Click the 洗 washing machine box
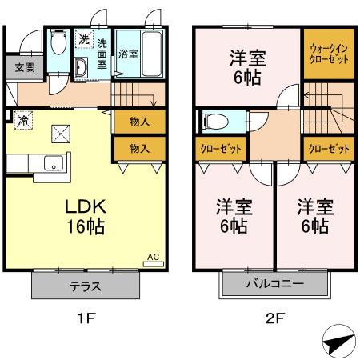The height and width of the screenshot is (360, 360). tap(83, 39)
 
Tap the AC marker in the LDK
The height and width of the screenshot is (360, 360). tap(154, 258)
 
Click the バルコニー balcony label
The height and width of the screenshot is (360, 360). tap(274, 284)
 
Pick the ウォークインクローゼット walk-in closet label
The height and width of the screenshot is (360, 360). tap(328, 54)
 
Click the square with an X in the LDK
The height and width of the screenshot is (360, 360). tap(60, 133)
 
